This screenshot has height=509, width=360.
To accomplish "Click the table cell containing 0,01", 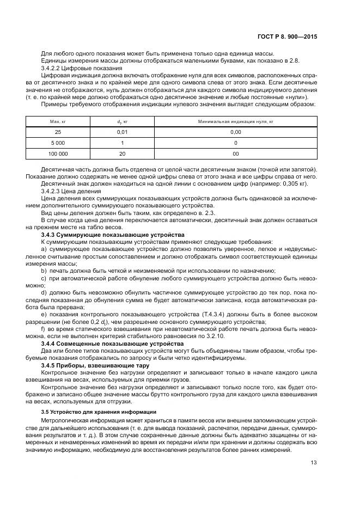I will point(123,132).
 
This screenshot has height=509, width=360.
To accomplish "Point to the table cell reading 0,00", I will point(235,132).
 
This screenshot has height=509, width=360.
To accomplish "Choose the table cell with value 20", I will point(123,154).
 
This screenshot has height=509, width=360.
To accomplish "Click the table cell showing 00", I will point(235,154).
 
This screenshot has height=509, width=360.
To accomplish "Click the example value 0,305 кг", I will point(294,185).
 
